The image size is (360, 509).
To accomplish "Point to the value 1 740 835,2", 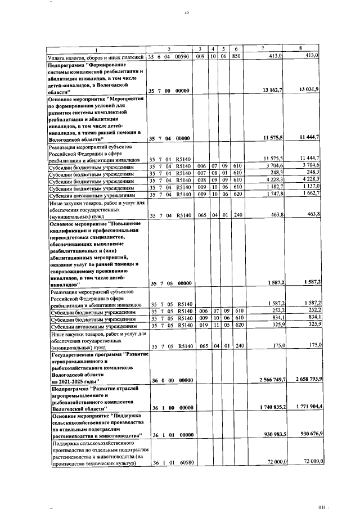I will click(269, 407).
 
